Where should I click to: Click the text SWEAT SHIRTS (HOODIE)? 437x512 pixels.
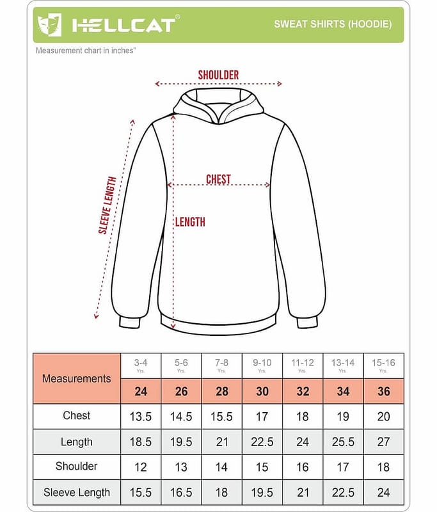[333, 24]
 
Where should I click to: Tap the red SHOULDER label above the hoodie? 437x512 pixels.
[218, 75]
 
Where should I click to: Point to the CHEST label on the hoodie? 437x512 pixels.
[218, 179]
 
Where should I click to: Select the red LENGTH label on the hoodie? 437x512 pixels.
[190, 222]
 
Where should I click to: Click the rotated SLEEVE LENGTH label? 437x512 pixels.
[107, 205]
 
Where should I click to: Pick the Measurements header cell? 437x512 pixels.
[76, 378]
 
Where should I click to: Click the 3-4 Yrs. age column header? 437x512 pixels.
[140, 365]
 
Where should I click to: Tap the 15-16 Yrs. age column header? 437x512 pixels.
[383, 365]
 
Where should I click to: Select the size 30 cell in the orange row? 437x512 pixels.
[262, 391]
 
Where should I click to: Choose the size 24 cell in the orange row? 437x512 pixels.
[140, 391]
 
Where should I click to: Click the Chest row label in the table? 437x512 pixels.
[76, 416]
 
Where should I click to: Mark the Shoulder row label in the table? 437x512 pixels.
[76, 467]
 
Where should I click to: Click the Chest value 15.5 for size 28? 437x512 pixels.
[221, 417]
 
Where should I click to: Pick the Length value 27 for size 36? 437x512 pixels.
[383, 442]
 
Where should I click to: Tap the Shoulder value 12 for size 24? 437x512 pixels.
[140, 467]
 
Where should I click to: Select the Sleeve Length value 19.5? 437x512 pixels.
[262, 493]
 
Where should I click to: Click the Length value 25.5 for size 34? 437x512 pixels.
[343, 442]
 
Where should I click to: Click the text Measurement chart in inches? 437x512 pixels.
[86, 50]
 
